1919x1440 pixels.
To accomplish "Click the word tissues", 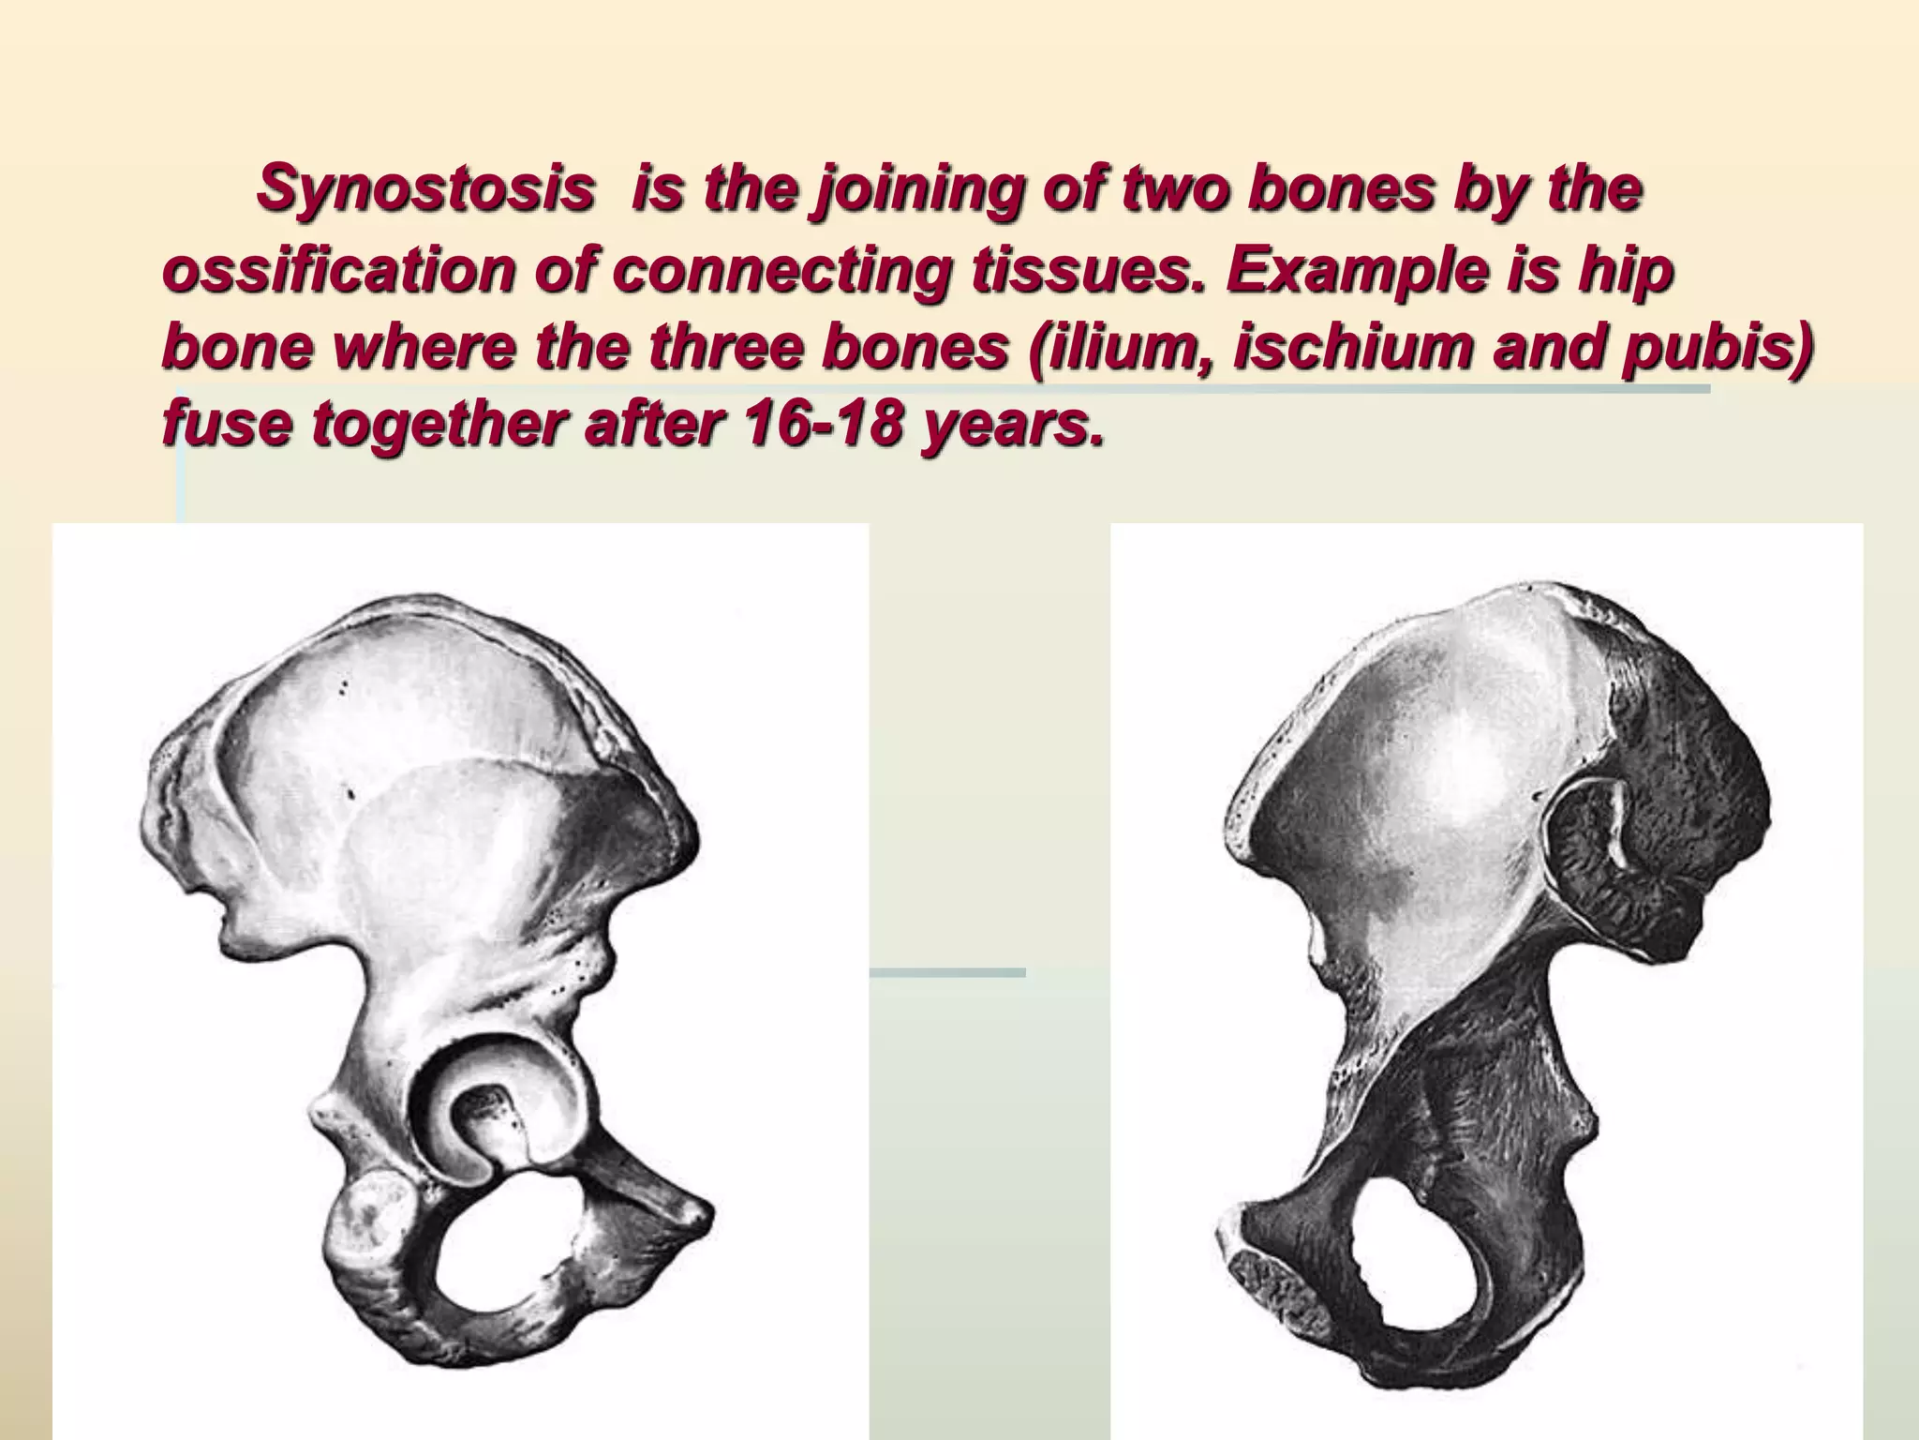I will tap(993, 273).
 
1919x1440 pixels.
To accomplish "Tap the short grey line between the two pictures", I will tap(946, 973).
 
